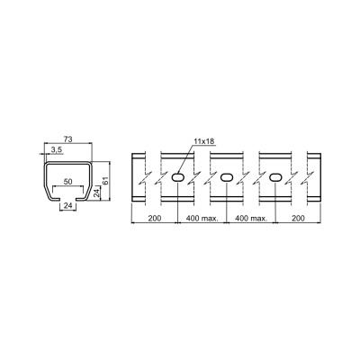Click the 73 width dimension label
[68, 139]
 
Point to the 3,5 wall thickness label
[57, 150]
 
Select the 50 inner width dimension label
[68, 182]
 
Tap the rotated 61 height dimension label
[105, 181]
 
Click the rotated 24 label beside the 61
[96, 193]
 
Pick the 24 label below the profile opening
[68, 205]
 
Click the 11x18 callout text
[204, 141]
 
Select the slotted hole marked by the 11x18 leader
[177, 177]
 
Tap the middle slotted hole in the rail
[227, 177]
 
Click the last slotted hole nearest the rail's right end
[275, 177]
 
